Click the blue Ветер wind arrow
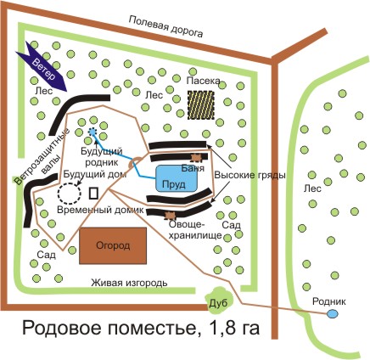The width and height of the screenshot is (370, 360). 43,67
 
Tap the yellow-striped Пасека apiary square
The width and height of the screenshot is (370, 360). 201,104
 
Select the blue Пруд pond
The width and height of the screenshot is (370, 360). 177,178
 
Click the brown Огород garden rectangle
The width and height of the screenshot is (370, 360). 113,245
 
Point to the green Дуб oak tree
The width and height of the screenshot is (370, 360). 219,301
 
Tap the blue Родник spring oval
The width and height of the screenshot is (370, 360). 332,313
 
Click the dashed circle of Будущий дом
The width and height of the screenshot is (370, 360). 70,194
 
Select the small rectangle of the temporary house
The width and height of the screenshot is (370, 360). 93,194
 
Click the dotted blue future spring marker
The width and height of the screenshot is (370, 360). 92,132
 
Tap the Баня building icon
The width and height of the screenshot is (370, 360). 196,157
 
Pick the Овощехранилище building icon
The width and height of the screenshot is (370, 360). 170,216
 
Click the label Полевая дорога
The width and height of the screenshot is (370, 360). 166,27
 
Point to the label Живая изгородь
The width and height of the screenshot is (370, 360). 129,283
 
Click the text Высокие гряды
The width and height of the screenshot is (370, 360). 249,175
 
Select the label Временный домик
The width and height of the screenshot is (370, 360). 100,210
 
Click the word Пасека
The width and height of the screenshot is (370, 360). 203,81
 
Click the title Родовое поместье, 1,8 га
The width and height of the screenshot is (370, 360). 141,329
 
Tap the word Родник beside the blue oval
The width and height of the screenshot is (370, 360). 328,301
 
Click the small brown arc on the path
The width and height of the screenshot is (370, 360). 133,160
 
